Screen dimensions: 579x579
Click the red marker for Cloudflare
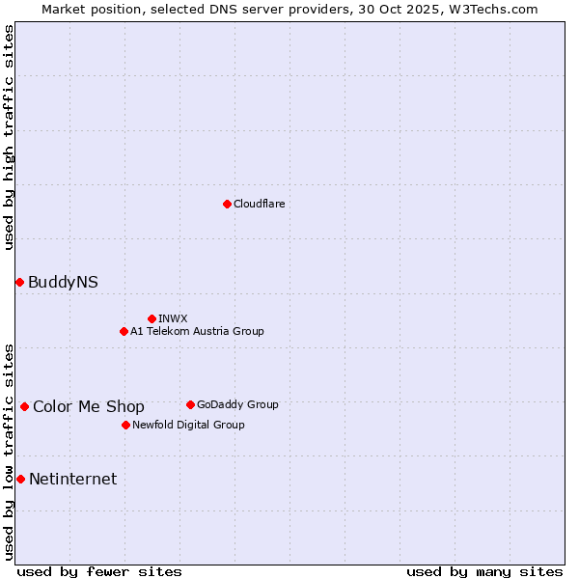(227, 204)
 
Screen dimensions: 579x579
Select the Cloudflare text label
(259, 204)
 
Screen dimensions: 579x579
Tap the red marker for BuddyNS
(19, 282)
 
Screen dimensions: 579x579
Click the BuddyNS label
(63, 282)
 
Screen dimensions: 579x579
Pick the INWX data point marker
(152, 318)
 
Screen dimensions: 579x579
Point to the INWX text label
(173, 318)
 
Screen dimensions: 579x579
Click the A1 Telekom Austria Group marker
(124, 331)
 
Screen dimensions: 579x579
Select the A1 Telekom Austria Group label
(197, 331)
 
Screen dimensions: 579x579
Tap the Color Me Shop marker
(24, 406)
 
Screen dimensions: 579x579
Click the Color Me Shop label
(89, 406)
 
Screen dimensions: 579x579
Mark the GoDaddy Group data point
(190, 404)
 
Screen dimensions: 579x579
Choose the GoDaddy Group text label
(236, 404)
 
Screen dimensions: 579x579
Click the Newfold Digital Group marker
(125, 425)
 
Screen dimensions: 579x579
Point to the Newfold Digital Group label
(188, 425)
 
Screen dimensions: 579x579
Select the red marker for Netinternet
(20, 479)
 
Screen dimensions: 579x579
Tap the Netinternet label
(72, 479)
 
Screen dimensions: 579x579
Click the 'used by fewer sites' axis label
(99, 571)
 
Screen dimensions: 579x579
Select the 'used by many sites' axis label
(484, 571)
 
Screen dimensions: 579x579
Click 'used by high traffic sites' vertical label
(9, 137)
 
